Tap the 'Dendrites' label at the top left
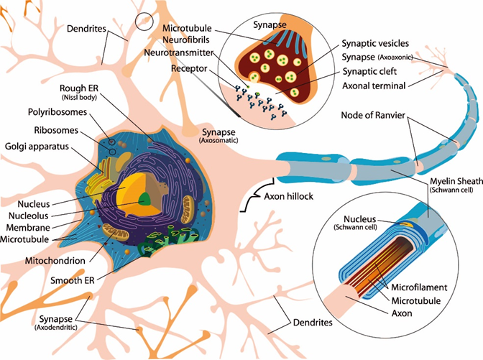[86, 30]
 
